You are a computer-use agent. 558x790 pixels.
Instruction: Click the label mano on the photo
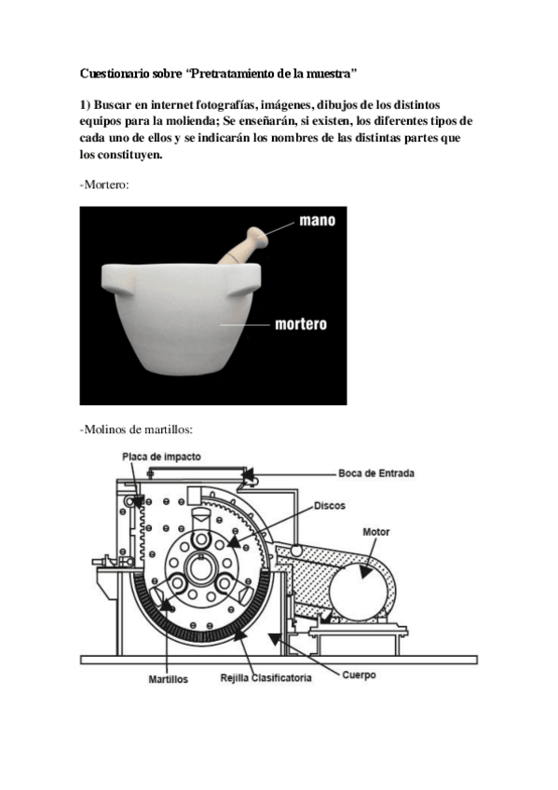(x=317, y=221)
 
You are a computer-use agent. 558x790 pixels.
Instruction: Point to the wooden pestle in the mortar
(x=243, y=248)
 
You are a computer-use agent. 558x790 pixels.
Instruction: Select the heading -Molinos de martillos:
(x=136, y=429)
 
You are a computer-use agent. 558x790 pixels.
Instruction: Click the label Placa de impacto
(x=160, y=456)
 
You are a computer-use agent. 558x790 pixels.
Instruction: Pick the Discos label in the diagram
(x=330, y=506)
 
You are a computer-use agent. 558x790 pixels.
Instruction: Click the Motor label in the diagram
(x=376, y=532)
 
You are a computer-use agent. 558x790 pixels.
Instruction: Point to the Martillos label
(x=169, y=679)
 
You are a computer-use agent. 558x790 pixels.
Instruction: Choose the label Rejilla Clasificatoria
(x=265, y=678)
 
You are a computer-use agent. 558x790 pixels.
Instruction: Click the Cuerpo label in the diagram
(x=358, y=674)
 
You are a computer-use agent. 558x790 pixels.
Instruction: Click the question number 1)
(x=86, y=104)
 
